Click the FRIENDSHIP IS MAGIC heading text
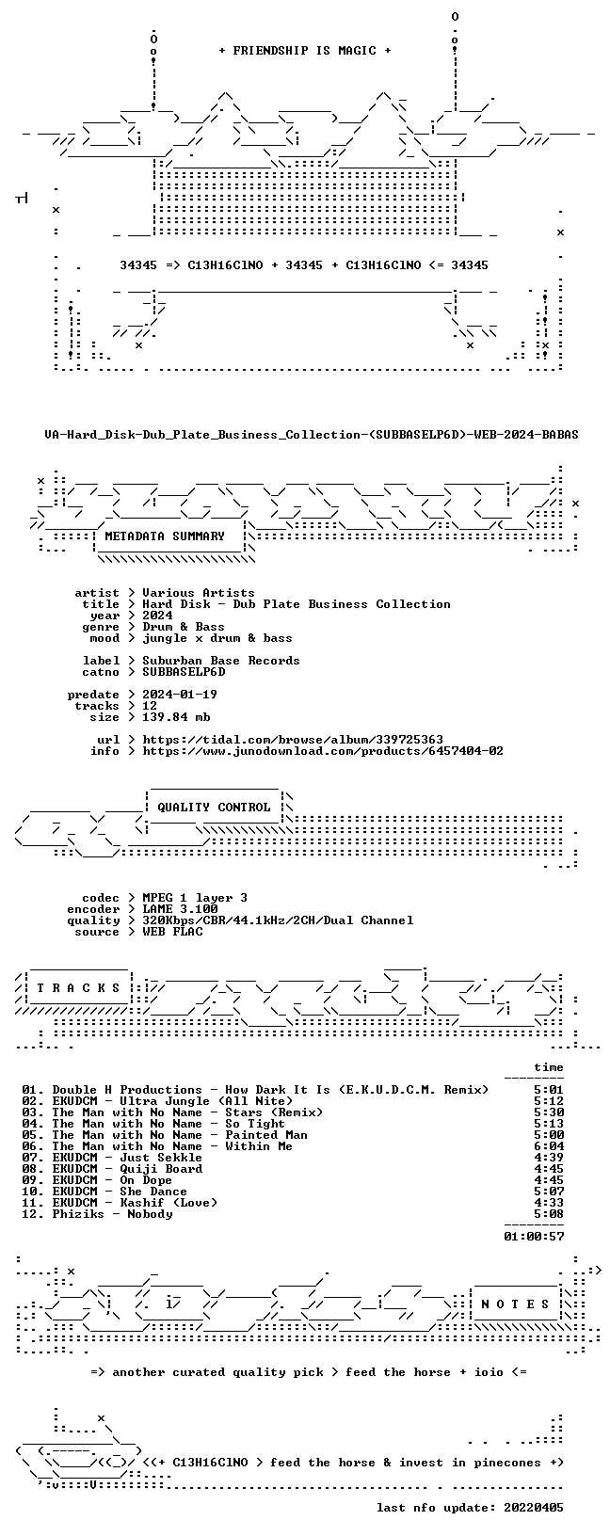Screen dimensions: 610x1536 pyautogui.click(x=305, y=51)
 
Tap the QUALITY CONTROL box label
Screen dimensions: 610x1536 pyautogui.click(x=214, y=808)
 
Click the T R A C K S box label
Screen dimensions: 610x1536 pyautogui.click(x=78, y=988)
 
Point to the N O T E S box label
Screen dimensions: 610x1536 pyautogui.click(x=515, y=1304)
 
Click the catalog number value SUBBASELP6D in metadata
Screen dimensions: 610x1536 pyautogui.click(x=184, y=672)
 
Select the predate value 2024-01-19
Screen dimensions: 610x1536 pyautogui.click(x=180, y=695)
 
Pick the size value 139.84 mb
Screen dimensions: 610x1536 pyautogui.click(x=176, y=717)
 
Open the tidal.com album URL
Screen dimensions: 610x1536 pyautogui.click(x=293, y=740)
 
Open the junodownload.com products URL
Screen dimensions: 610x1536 pyautogui.click(x=323, y=751)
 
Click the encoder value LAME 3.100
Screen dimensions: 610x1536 pyautogui.click(x=180, y=909)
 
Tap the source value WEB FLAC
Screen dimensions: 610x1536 pyautogui.click(x=172, y=932)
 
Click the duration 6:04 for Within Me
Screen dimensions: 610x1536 pyautogui.click(x=549, y=1146)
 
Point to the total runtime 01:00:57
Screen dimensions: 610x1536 pyautogui.click(x=534, y=1237)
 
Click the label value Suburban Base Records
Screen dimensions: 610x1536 pyautogui.click(x=221, y=661)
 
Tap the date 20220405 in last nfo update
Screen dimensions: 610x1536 pyautogui.click(x=534, y=1508)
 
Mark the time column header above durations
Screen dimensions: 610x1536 pyautogui.click(x=549, y=1067)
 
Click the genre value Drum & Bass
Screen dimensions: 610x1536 pyautogui.click(x=184, y=627)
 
